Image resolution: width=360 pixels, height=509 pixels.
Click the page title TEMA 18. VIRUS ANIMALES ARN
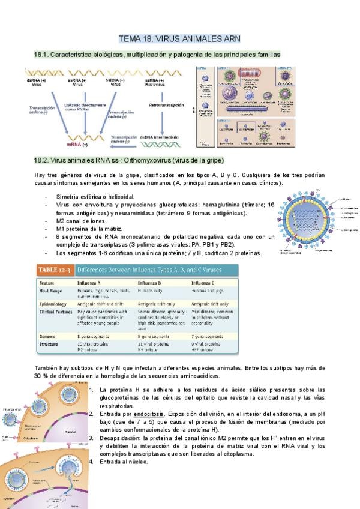pyautogui.click(x=179, y=38)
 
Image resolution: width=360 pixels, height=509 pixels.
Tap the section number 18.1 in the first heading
pyautogui.click(x=43, y=55)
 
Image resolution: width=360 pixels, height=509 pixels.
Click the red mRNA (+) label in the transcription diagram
pyautogui.click(x=77, y=145)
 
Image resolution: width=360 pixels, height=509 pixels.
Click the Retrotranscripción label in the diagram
pyautogui.click(x=166, y=105)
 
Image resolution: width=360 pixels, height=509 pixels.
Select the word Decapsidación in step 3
pyautogui.click(x=121, y=438)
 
